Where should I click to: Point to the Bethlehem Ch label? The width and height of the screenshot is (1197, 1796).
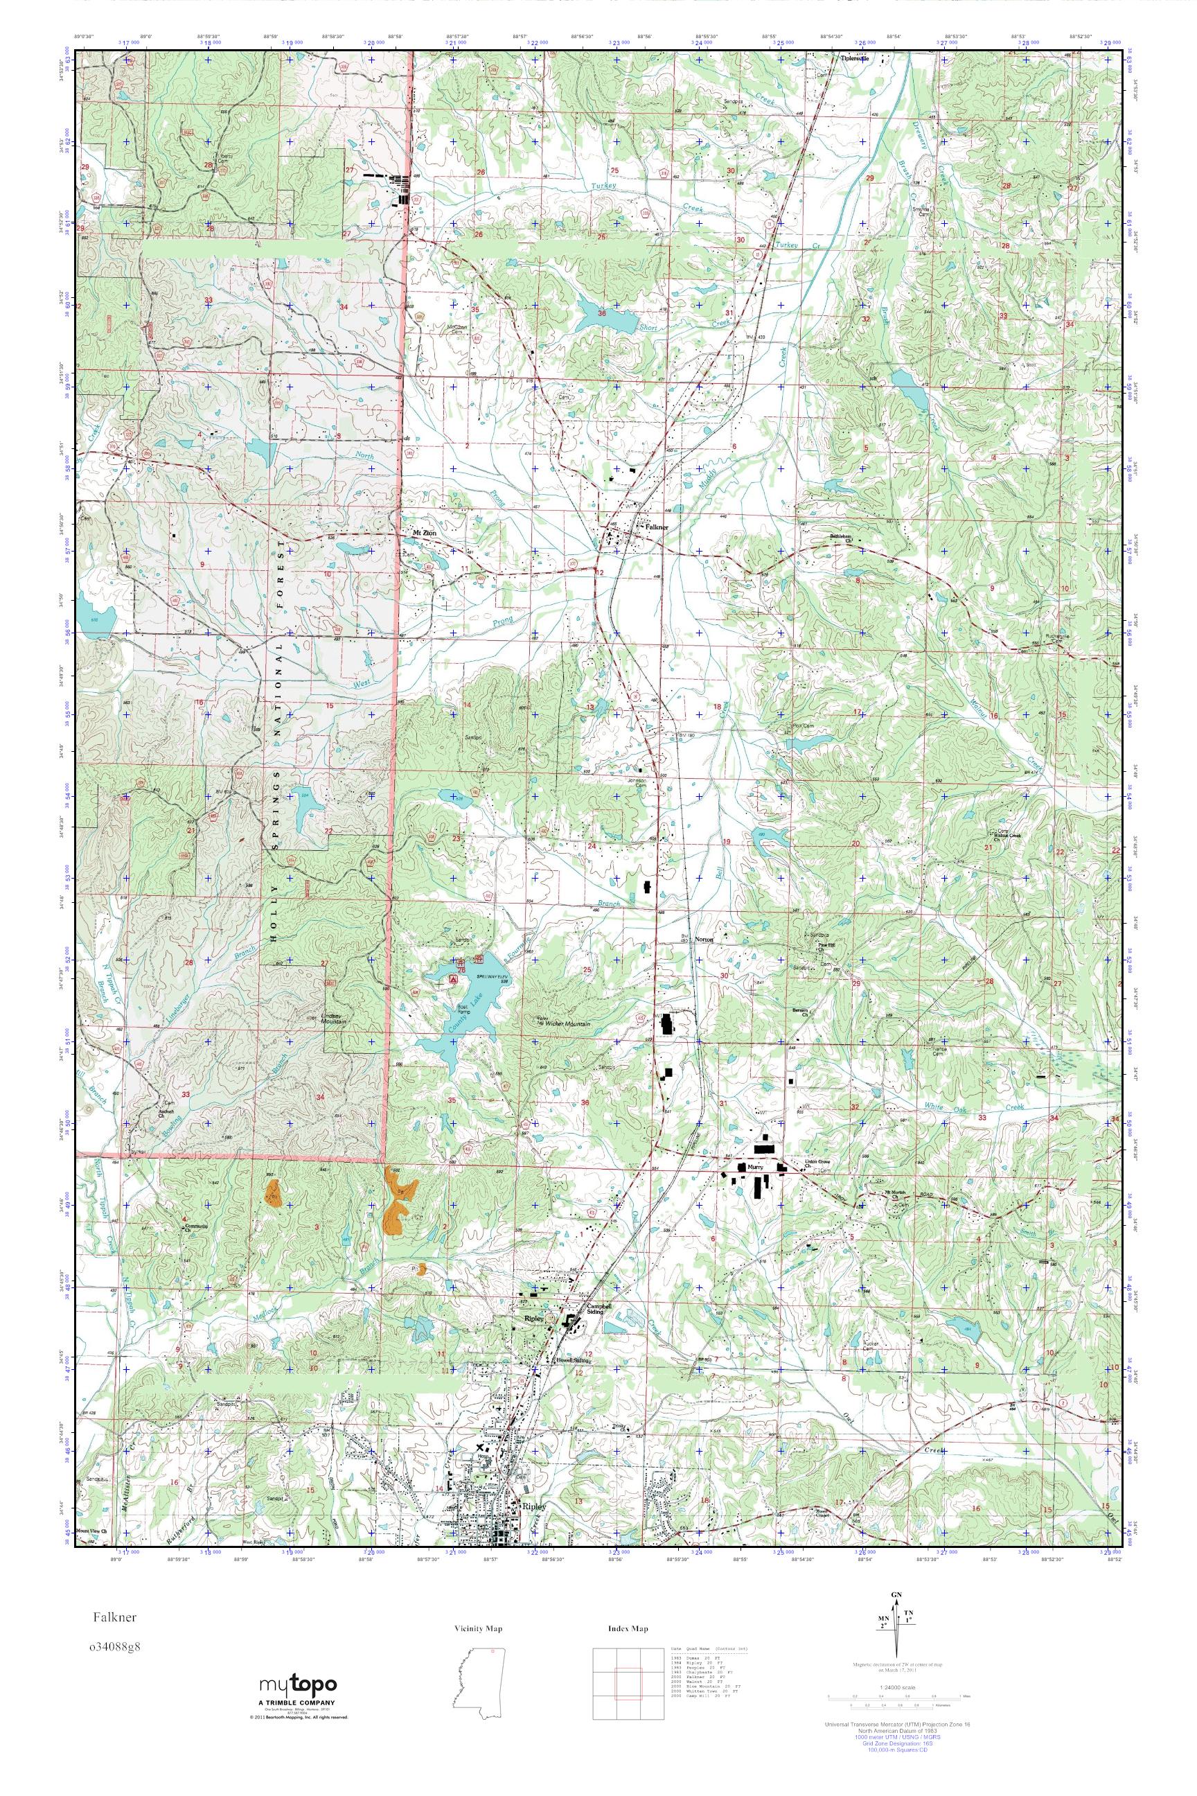pos(846,538)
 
